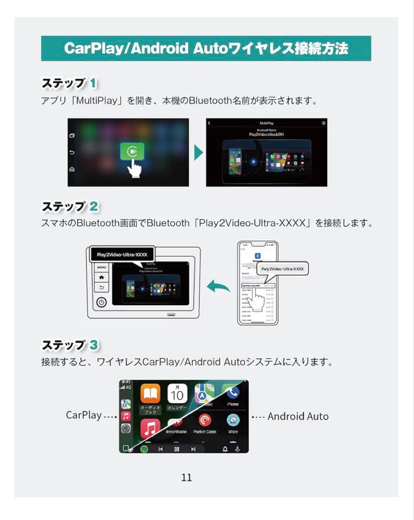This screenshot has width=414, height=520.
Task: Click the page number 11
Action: pos(187,477)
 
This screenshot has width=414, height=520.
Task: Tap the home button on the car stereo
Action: pos(102,277)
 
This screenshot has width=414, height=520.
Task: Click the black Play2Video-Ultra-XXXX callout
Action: pos(122,254)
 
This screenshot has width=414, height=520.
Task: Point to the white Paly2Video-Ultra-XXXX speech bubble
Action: pos(282,269)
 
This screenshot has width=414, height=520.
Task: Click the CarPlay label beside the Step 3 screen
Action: pos(84,415)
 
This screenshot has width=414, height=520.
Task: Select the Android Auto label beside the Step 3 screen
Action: pos(298,416)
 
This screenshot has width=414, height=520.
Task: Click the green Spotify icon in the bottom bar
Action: pos(144,449)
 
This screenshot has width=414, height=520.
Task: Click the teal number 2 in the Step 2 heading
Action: pos(94,207)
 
